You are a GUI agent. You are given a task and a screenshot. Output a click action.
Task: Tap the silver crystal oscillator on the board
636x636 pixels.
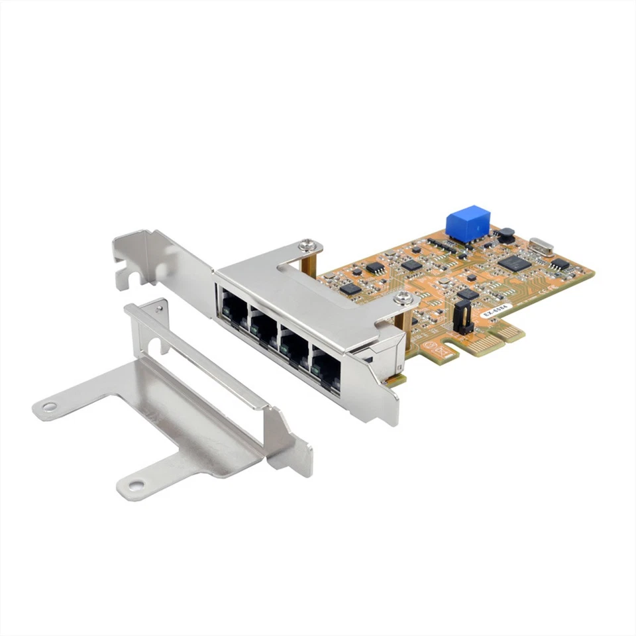[x=541, y=248]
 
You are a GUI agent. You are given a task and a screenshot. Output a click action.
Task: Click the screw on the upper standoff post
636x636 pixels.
[x=307, y=247]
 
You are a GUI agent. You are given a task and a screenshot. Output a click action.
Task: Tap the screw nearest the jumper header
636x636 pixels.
[x=403, y=299]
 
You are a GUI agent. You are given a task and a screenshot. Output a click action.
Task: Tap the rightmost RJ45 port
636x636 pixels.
[x=325, y=366]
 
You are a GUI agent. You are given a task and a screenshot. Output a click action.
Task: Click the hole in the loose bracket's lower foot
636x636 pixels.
[x=135, y=486]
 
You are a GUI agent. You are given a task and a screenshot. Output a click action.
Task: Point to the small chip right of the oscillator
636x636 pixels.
[x=560, y=264]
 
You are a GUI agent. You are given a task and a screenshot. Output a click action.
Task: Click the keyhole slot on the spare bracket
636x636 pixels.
[x=156, y=344]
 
